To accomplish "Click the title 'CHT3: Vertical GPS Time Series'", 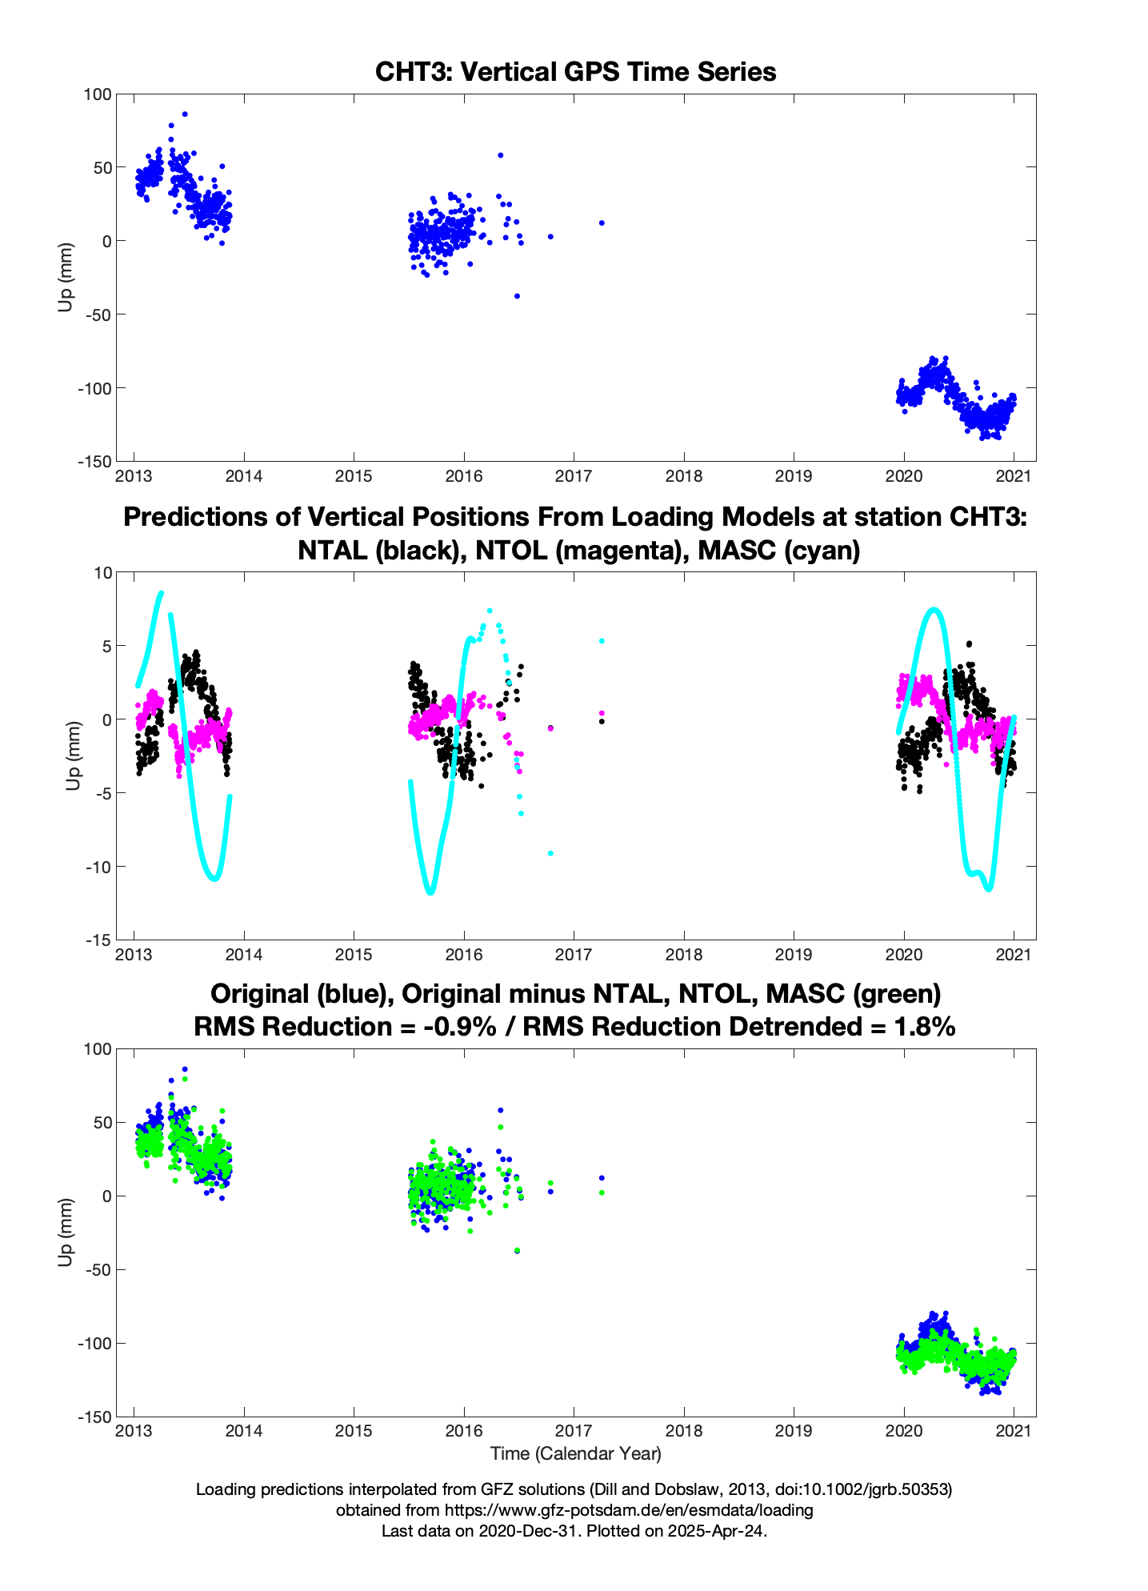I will [x=575, y=72].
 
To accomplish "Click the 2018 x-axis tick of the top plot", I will [x=683, y=476].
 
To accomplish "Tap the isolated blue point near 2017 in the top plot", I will [x=602, y=222].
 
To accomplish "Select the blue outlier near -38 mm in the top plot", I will [x=517, y=296].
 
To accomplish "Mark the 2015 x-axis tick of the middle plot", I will [x=354, y=955].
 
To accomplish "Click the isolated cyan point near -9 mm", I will [x=550, y=853].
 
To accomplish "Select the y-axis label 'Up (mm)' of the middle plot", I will [x=74, y=755].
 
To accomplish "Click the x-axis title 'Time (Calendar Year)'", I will [x=575, y=1453].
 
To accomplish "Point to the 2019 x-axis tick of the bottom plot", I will [x=793, y=1432].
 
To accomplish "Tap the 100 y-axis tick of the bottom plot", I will [x=95, y=1049].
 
